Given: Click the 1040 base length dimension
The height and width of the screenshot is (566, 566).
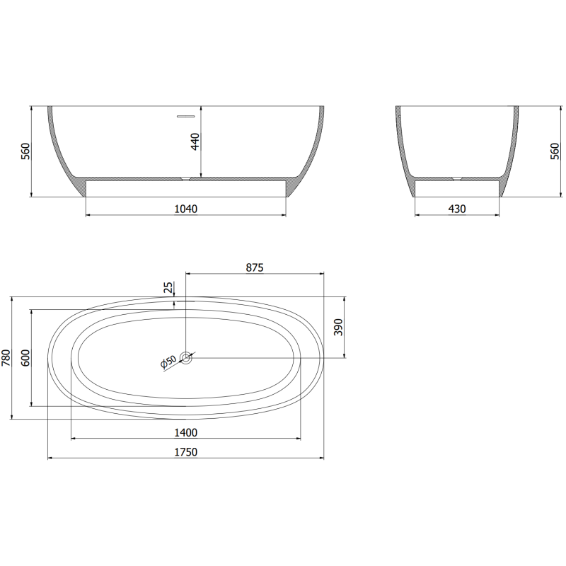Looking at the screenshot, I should (185, 209).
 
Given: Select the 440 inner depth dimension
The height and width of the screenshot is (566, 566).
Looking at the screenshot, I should (196, 141).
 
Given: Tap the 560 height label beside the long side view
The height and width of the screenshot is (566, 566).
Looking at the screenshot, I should (26, 151).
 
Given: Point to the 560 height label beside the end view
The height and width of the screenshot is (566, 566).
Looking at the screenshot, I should (554, 151).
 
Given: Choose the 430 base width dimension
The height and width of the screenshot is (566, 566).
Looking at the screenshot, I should (457, 209).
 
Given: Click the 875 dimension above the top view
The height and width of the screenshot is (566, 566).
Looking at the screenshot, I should (255, 267).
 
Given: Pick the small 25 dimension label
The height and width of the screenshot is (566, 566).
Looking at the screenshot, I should (168, 288).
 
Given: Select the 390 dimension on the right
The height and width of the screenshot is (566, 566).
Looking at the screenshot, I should (338, 327).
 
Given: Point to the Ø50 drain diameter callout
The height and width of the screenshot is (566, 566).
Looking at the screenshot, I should (168, 362).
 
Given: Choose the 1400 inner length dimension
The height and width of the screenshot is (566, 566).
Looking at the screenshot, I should (185, 432).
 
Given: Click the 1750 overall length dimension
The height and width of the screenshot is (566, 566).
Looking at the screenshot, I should (185, 452).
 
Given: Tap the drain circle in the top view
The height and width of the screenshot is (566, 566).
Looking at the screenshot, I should (185, 358).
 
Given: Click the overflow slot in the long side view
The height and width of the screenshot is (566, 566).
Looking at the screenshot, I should (185, 114).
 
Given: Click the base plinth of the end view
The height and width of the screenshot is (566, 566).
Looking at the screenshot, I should (457, 187).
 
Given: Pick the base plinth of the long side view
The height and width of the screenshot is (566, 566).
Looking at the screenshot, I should (185, 187).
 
